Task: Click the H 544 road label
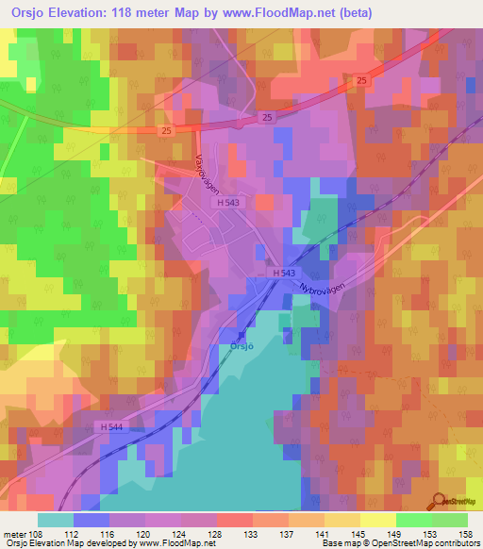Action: [x=111, y=427]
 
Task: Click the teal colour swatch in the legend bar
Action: [x=56, y=520]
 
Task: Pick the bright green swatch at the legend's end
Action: [x=450, y=520]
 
